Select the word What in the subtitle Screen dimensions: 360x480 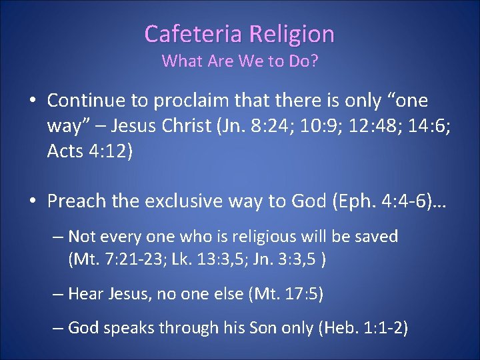tap(182, 61)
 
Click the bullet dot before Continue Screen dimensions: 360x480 tap(31, 101)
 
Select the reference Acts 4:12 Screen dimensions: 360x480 tap(90, 151)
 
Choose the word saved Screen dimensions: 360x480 tap(376, 237)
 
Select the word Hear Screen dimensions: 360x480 tap(84, 294)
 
